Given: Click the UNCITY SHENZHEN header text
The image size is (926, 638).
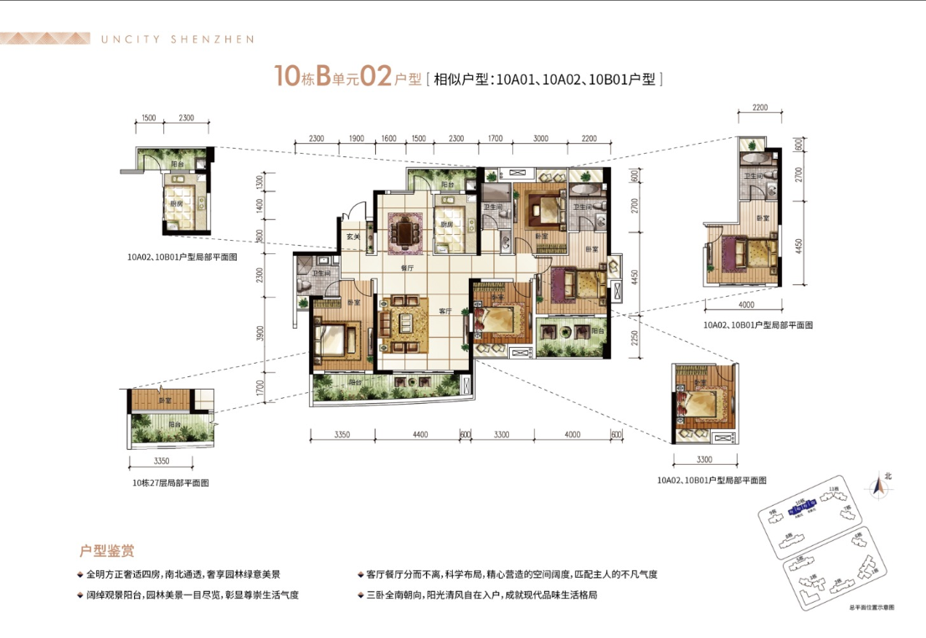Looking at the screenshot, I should [177, 38].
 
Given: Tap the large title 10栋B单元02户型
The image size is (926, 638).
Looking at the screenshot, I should [347, 79].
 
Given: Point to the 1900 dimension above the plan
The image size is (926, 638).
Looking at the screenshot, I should [355, 138].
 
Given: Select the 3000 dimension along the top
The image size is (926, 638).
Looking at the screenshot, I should [540, 138].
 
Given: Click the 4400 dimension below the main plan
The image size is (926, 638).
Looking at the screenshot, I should [420, 434].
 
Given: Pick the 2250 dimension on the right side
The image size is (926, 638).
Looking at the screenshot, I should [635, 336].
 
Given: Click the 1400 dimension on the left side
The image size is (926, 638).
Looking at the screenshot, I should [261, 206].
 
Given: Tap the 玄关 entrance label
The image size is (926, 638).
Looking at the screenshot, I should [353, 237].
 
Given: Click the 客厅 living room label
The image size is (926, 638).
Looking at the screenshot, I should [445, 310].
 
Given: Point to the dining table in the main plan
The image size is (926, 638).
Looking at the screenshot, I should [408, 232].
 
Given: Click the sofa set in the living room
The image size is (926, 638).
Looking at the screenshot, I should [405, 321].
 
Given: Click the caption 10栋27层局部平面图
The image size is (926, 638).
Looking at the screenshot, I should [170, 482].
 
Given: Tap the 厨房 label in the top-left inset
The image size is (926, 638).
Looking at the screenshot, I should [177, 202].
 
